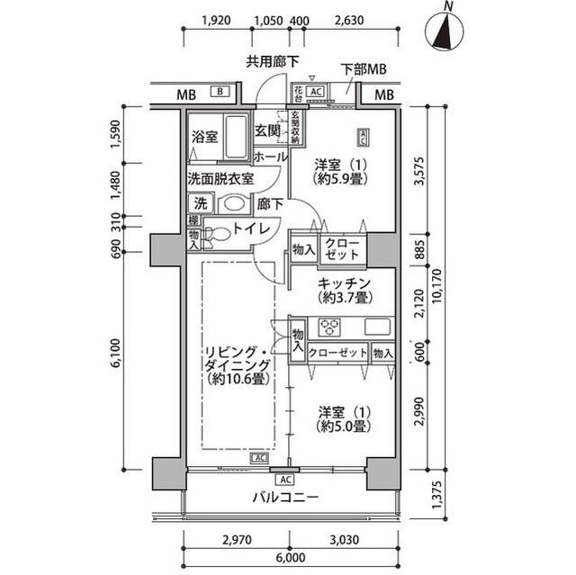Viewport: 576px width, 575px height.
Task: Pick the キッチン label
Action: [x=340, y=282]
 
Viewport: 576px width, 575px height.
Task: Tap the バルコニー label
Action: [x=284, y=498]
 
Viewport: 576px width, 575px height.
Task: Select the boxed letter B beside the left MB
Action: [x=219, y=92]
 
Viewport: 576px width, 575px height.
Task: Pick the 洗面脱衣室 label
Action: [x=220, y=178]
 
